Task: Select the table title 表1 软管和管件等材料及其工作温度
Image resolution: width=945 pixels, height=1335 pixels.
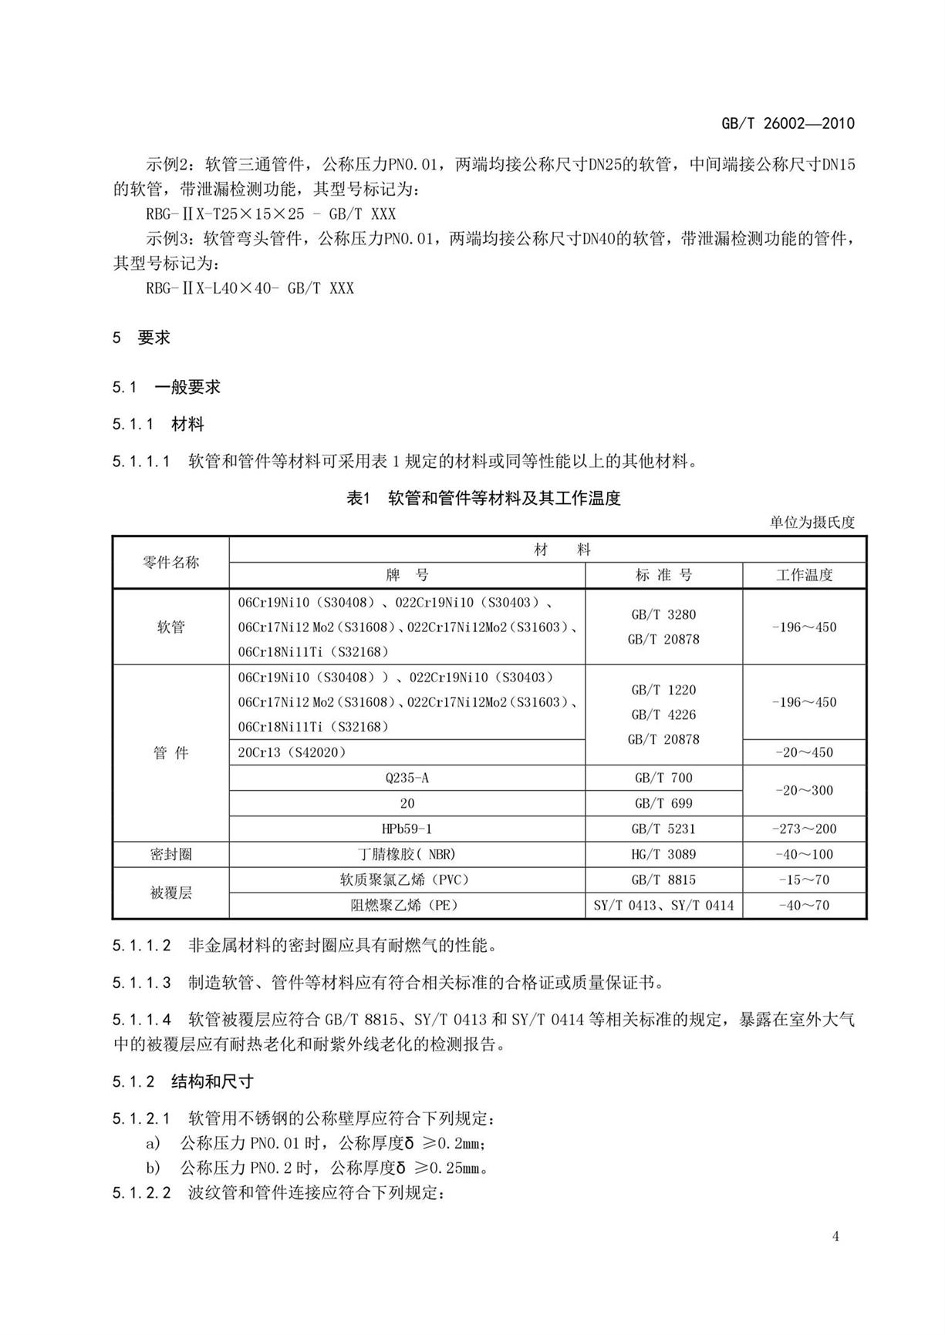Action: (x=483, y=499)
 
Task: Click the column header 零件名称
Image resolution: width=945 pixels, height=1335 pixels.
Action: (x=170, y=563)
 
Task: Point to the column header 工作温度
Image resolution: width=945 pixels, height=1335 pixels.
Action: (x=804, y=575)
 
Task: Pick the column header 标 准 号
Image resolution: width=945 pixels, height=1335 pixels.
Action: (x=663, y=575)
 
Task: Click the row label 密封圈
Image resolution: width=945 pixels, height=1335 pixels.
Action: (x=170, y=854)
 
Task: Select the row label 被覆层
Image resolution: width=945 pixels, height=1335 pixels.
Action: (x=170, y=893)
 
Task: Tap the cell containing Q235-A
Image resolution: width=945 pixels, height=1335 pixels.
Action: (x=407, y=778)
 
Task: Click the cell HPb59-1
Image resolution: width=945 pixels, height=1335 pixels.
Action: (x=407, y=829)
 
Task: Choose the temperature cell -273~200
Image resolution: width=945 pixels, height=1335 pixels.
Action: (x=804, y=829)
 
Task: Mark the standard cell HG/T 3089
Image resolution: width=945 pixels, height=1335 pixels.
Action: (x=663, y=854)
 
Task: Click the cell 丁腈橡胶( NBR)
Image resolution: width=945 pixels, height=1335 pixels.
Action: (x=407, y=854)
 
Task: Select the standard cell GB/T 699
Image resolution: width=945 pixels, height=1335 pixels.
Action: (x=663, y=803)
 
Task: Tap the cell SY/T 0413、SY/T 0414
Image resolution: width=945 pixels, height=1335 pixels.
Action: (x=663, y=905)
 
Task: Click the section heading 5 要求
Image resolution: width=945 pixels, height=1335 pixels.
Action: (x=142, y=338)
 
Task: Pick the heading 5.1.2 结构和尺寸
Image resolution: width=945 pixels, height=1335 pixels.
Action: (x=183, y=1081)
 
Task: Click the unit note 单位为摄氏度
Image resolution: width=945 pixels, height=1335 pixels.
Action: (x=812, y=523)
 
